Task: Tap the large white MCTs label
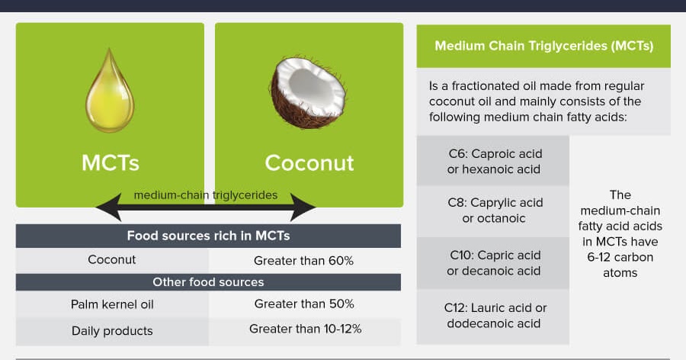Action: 111,162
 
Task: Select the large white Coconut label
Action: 309,162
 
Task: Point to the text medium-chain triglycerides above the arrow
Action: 206,194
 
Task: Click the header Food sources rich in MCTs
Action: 208,236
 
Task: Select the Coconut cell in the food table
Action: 112,259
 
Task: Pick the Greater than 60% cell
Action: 303,260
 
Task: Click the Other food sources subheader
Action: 208,282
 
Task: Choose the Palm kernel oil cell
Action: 112,304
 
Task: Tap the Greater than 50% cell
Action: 304,304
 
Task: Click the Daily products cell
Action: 112,330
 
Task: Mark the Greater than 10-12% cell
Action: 305,329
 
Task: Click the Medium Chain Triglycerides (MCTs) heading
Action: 543,46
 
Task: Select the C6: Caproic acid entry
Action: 493,162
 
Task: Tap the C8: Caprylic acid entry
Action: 493,211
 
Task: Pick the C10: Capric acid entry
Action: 493,263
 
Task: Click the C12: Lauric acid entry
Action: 493,316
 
